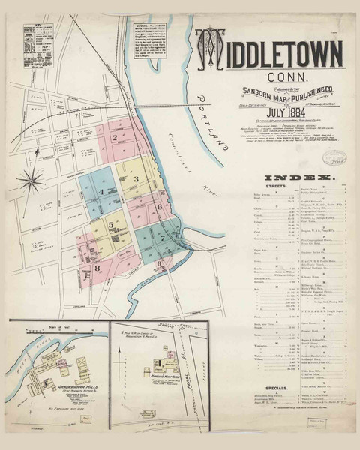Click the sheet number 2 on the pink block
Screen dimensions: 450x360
coord(115,137)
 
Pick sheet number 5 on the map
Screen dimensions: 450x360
coord(110,223)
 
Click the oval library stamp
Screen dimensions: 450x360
coord(333,157)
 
